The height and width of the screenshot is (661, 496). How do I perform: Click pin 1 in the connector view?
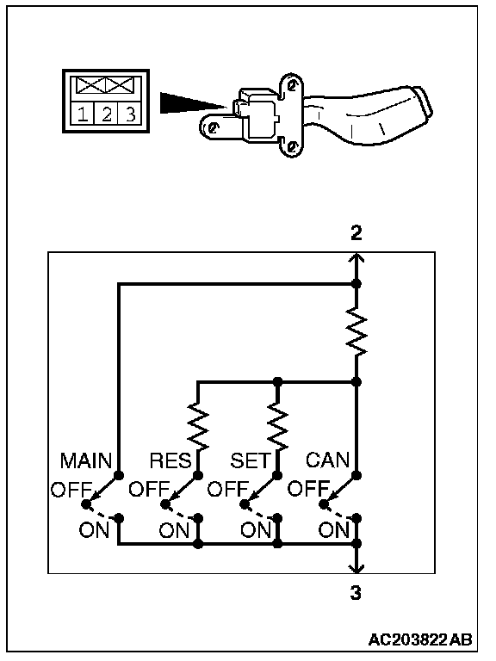[x=83, y=114]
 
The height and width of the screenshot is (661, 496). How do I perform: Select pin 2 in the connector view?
[x=107, y=114]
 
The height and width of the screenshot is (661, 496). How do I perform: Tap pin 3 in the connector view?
[x=131, y=114]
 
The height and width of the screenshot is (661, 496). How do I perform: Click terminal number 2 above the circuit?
[x=356, y=232]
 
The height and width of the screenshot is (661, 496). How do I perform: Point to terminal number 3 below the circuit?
[x=356, y=593]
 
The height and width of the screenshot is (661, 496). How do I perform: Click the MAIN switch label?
[x=86, y=460]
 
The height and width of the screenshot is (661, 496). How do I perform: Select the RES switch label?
[x=170, y=460]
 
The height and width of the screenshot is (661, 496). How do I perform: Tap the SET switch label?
[x=250, y=460]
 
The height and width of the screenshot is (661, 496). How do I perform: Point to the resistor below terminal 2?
[x=356, y=331]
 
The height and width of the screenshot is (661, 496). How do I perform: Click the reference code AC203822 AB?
[x=420, y=639]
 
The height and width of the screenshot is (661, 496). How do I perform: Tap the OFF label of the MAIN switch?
[x=71, y=490]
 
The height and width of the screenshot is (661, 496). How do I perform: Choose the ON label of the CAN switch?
[x=333, y=529]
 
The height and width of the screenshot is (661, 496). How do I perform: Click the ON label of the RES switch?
[x=174, y=529]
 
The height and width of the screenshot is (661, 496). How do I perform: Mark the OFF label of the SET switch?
[x=228, y=490]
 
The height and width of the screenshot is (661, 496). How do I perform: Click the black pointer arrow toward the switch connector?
[x=192, y=103]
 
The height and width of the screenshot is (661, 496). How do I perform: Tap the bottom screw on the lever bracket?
[x=291, y=146]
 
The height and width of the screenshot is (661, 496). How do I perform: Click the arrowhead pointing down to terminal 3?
[x=356, y=568]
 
